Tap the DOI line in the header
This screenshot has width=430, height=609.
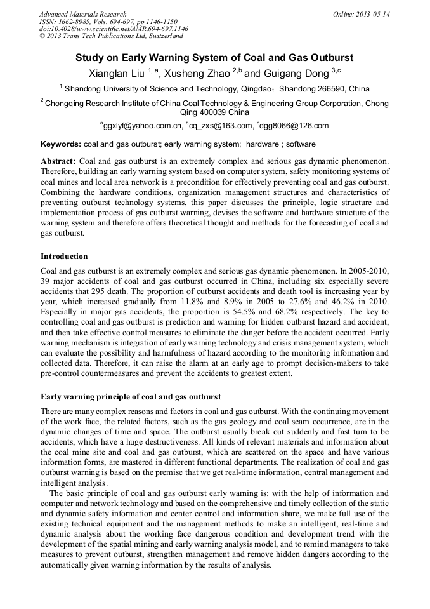[x=114, y=29]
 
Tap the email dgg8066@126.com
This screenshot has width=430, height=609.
[x=294, y=126]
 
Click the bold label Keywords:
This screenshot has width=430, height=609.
[x=61, y=144]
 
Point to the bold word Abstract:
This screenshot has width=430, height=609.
[x=58, y=162]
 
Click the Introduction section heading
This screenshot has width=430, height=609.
[x=64, y=257]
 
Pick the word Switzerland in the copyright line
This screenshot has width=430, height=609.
[x=162, y=37]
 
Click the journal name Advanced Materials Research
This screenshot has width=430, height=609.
[x=82, y=14]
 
